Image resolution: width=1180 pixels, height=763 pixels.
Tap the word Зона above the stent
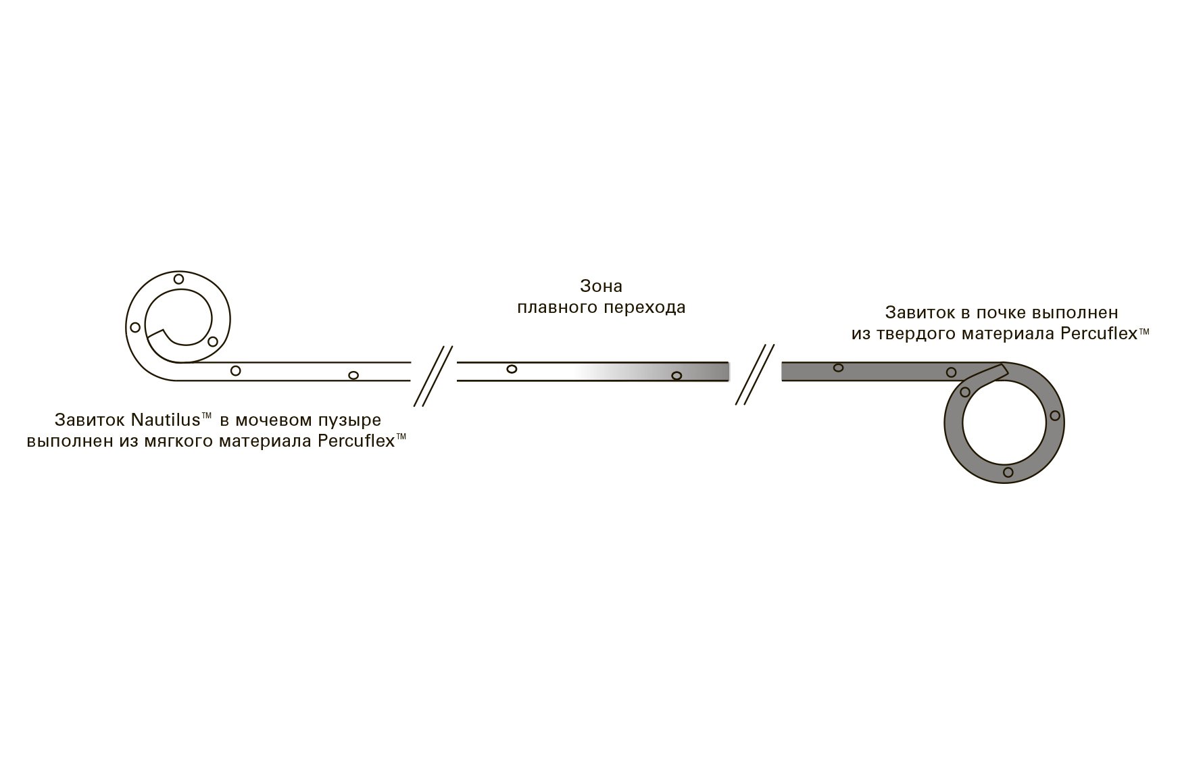(x=601, y=286)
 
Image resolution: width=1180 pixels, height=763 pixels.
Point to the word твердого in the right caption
(x=952, y=334)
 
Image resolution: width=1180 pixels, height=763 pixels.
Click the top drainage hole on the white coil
(x=178, y=279)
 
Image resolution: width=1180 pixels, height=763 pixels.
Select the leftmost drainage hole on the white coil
(x=135, y=328)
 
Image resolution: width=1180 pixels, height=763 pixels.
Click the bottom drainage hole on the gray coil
(x=1008, y=472)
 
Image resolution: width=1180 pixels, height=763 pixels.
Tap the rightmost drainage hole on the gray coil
(x=1055, y=416)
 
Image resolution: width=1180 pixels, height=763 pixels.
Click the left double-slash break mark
(x=433, y=376)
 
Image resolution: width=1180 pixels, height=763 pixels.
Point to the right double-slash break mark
(x=755, y=375)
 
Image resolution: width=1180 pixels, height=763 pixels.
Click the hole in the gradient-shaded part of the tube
(x=677, y=376)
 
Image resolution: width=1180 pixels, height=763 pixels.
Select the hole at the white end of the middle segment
(x=512, y=369)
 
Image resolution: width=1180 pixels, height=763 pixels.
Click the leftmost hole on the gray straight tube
(x=838, y=368)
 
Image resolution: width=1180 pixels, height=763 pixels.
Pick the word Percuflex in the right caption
(x=1099, y=334)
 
